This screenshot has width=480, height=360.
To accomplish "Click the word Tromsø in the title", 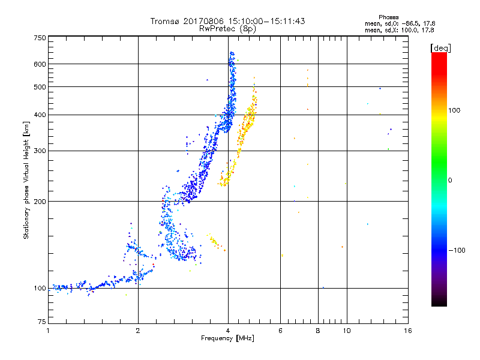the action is [166, 21].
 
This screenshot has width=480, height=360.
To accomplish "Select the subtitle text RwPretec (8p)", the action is [227, 29].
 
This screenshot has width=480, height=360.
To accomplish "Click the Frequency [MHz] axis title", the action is [227, 338].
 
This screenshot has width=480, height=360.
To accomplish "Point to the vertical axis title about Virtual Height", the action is [26, 180].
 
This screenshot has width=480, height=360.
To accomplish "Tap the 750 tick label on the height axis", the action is [40, 38].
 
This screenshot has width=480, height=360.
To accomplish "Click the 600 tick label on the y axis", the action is [40, 64].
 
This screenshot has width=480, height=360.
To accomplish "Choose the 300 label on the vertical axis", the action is [40, 151].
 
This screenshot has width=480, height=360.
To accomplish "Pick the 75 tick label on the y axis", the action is [42, 322].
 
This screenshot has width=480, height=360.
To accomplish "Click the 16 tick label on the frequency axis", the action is [408, 331].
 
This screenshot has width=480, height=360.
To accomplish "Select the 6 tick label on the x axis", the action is [280, 331].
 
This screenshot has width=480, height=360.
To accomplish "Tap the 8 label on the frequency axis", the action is [318, 331].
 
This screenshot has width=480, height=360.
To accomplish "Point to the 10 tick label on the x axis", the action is [347, 331].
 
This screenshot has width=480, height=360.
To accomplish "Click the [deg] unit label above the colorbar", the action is [440, 49].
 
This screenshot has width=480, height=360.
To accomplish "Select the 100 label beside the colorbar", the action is [454, 110].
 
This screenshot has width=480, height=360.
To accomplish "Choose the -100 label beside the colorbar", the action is [457, 250].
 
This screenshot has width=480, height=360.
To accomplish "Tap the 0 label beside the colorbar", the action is [450, 181].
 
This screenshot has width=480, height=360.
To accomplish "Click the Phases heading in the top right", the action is [388, 17].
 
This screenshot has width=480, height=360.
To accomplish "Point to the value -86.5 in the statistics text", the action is [410, 23].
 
